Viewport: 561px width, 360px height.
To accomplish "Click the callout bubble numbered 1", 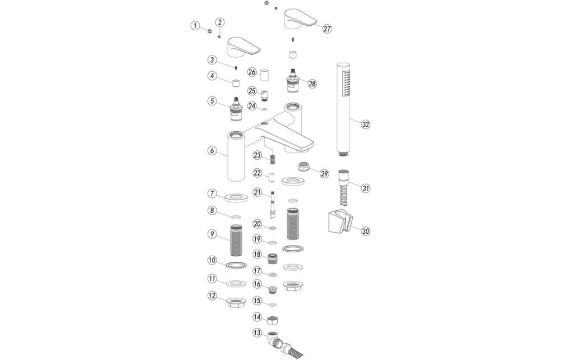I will (x=195, y=25).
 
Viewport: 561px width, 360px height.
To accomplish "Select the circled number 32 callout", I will (x=366, y=124).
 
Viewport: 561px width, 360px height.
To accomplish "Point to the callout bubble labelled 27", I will (x=328, y=29).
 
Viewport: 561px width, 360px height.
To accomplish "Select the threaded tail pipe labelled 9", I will (x=236, y=239).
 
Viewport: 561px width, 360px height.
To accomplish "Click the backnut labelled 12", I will (x=236, y=304).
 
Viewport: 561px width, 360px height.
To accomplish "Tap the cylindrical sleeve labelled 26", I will (x=267, y=73).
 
